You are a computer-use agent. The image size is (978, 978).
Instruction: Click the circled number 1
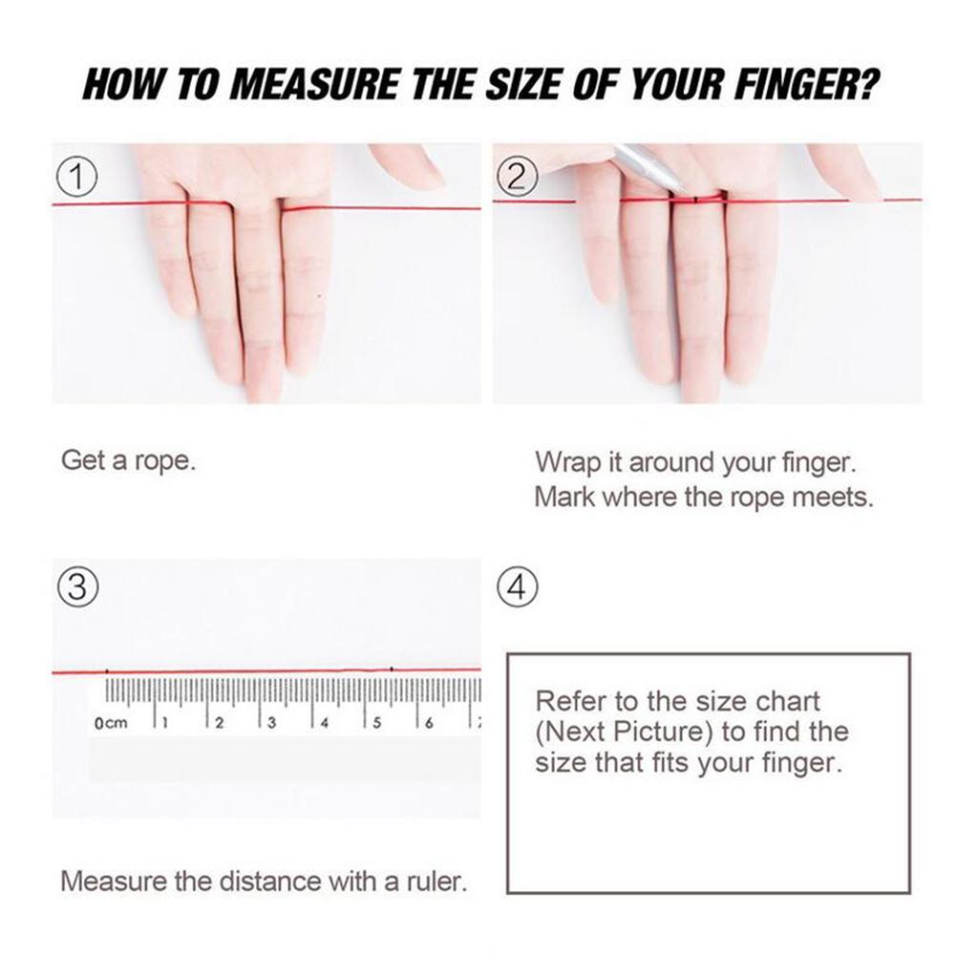coord(76,178)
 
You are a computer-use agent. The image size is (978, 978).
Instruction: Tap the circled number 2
coord(517,178)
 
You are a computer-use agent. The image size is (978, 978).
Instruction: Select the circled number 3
coord(77,587)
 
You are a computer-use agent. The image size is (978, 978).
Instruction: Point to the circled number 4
coord(517,587)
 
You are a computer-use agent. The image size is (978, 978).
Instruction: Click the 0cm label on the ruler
coord(111,723)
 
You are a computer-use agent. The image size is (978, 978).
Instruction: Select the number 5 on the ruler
coord(376,723)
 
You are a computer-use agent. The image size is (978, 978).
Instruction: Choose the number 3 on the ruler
coord(271,723)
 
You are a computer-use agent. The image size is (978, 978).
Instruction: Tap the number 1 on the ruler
coord(164,723)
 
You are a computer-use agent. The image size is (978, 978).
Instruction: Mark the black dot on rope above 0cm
coord(107,671)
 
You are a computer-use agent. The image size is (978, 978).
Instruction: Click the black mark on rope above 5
coord(392,670)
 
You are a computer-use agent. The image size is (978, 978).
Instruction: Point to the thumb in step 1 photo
coord(409,163)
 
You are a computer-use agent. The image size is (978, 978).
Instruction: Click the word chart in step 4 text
coord(787,702)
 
